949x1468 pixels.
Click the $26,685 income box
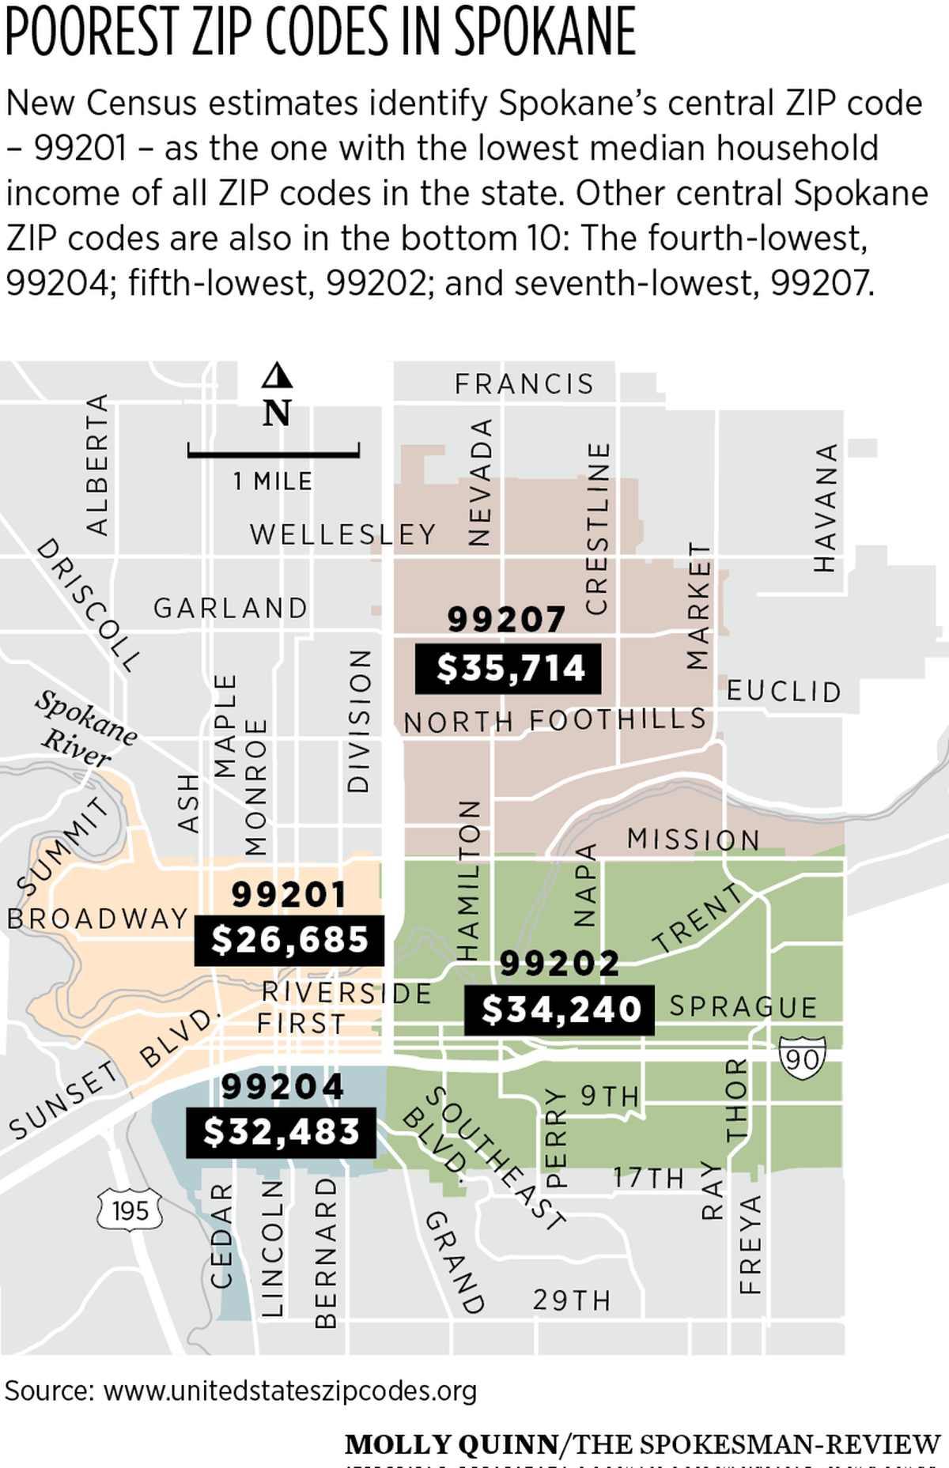289,940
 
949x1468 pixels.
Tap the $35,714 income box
509,669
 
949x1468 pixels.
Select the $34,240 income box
559,1009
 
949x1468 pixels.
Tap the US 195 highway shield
130,1210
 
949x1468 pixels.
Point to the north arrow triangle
277,375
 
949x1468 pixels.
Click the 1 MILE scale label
273,481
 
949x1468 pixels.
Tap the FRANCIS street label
524,384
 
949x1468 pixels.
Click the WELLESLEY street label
343,534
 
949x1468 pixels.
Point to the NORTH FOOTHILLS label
554,720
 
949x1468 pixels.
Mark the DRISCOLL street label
89,604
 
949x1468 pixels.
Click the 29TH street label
572,1300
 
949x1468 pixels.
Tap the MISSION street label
694,839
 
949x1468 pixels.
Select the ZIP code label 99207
506,619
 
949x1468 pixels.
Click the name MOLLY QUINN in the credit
452,1444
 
